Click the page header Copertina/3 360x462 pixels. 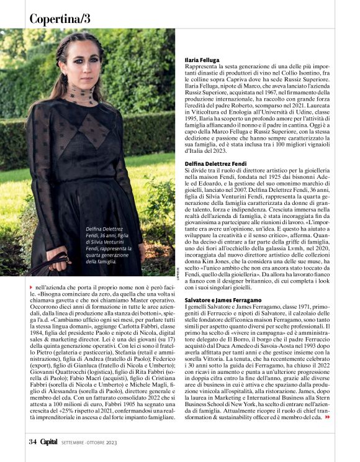pyautogui.click(x=60, y=19)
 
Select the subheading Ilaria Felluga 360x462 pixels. pyautogui.click(x=204, y=60)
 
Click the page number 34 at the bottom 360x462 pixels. pyautogui.click(x=33, y=442)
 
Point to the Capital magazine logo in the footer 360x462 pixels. pyautogui.click(x=48, y=442)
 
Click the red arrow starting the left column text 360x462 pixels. pyautogui.click(x=32, y=288)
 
